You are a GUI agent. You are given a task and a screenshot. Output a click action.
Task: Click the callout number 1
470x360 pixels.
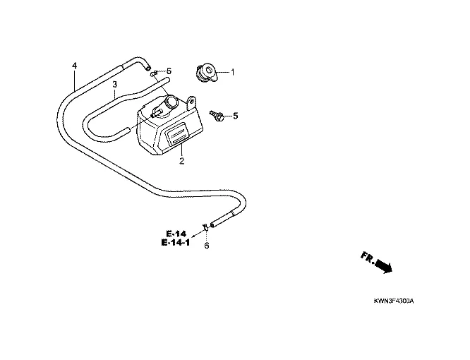point(232,72)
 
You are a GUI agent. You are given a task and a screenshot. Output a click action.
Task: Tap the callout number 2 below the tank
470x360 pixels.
point(181,162)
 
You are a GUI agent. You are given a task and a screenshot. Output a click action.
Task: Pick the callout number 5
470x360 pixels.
point(236,116)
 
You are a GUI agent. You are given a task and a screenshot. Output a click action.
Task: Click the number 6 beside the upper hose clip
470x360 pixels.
point(169,71)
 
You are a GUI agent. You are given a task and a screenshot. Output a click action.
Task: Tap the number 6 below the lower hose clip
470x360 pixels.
point(207,246)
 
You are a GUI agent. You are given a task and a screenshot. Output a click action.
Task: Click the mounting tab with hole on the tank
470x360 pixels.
point(192,102)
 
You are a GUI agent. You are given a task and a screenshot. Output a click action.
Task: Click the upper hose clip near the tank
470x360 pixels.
point(154,73)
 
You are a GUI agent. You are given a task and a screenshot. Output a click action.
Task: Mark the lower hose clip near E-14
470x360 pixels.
point(205,226)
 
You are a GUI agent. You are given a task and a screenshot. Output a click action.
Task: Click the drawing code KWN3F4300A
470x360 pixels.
point(394,301)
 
